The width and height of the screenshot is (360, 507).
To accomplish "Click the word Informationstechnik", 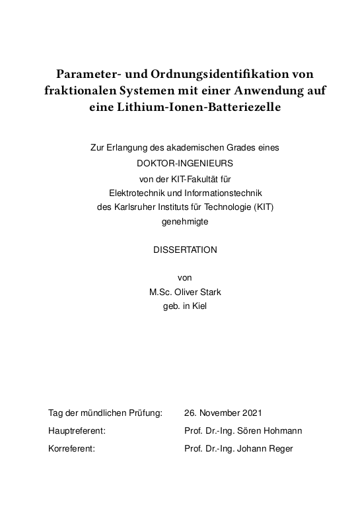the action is [224, 192].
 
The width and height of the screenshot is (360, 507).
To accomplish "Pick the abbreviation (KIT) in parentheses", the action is [261, 207].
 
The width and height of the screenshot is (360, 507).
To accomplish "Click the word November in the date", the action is [218, 413].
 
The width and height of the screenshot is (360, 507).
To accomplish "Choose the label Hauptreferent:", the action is [77, 431].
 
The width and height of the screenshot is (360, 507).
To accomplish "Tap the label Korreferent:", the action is [72, 449].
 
